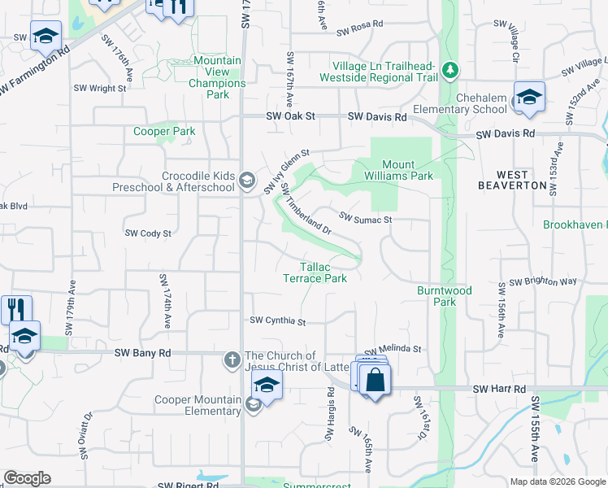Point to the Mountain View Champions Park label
coord(218,77)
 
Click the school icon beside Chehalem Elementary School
coord(529,98)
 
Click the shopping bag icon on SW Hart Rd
coord(375,380)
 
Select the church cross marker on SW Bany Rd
coord(232,359)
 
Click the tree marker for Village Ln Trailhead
coord(449,72)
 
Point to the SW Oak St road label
coord(290,117)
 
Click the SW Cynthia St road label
coord(277,321)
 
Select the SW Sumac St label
coord(366,219)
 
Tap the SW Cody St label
coord(148,233)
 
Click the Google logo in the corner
coord(28,478)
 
